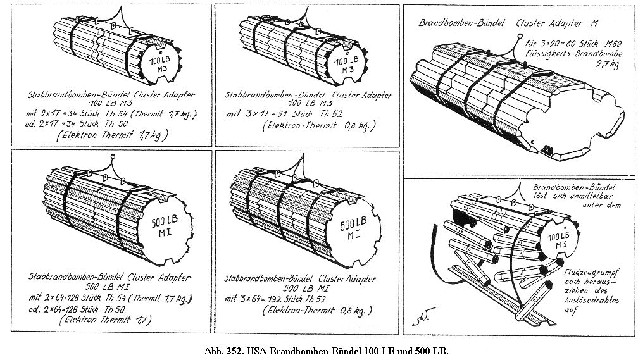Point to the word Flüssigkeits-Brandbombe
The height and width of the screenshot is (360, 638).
coord(565,54)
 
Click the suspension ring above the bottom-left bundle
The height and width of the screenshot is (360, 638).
coord(112,156)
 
